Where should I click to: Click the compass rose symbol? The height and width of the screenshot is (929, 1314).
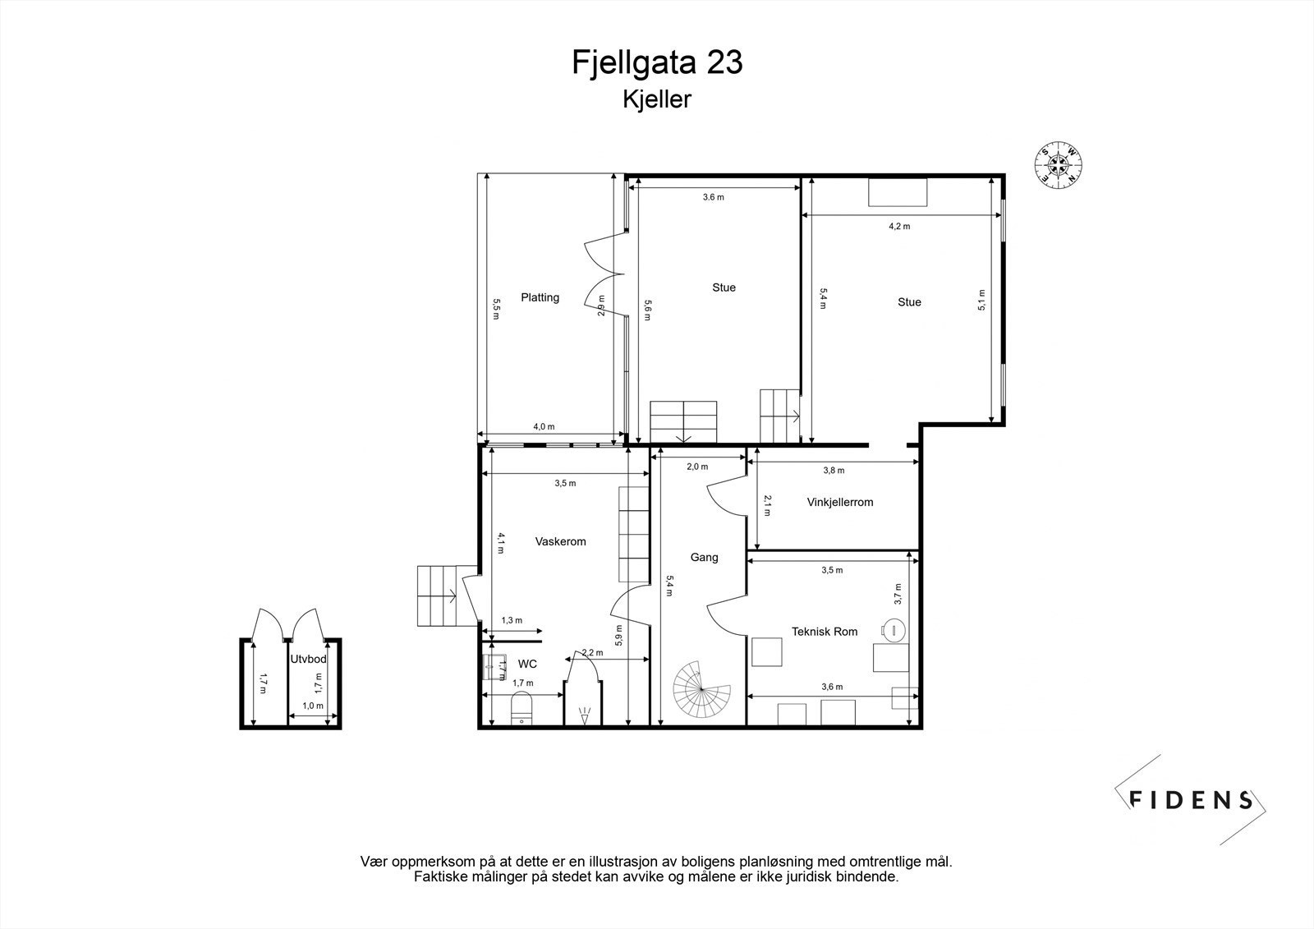1059,164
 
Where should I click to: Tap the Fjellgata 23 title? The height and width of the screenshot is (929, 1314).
657,62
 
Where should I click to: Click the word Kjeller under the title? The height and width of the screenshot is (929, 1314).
657,99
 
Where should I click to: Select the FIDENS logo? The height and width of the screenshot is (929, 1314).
1190,800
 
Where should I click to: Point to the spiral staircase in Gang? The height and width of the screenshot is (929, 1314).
701,688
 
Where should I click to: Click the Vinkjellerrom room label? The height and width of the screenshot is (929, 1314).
840,503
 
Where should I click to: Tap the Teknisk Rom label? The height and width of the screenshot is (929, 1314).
825,632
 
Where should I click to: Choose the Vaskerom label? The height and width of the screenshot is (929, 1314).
560,541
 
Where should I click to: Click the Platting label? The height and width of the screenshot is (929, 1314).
540,297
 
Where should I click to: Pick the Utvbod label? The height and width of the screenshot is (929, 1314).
309,659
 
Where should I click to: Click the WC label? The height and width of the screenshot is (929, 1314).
527,664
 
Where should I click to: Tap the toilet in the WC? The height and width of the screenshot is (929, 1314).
521,708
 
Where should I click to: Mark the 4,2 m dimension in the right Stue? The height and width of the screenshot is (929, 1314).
899,226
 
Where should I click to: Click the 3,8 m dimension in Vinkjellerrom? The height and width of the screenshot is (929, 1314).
834,470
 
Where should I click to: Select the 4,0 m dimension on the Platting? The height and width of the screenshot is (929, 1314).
544,426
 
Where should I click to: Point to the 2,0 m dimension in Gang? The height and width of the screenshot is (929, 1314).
697,467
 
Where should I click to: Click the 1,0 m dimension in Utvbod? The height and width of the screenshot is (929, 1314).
313,706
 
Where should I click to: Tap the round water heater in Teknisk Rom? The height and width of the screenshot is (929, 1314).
894,630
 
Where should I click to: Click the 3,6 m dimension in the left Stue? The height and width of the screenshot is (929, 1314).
714,197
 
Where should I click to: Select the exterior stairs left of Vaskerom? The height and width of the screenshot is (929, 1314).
439,596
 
